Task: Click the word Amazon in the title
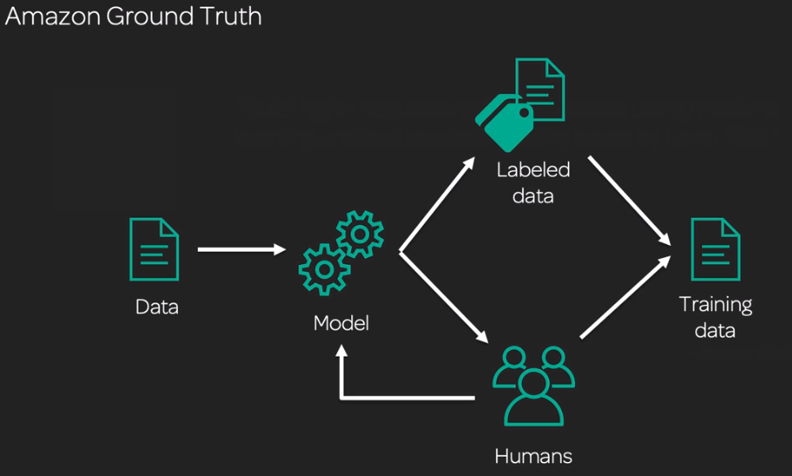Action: (50, 17)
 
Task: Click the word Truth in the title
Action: (231, 17)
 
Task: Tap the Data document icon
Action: (154, 249)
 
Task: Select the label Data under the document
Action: (157, 307)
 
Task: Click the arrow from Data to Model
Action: (241, 250)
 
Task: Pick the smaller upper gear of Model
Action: (358, 234)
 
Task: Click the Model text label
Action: (342, 323)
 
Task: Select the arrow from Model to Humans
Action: (441, 296)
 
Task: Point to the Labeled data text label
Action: (532, 182)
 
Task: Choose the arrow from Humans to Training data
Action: (626, 294)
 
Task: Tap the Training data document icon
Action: (715, 249)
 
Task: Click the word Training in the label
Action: (715, 305)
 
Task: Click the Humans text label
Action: (534, 456)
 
